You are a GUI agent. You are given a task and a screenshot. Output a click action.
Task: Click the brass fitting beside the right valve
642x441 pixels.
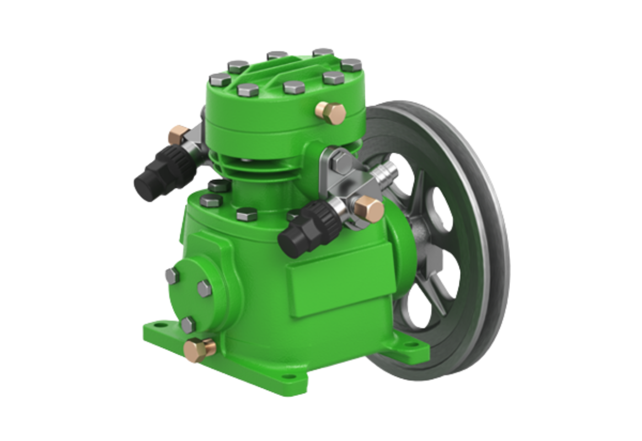tap(368, 208)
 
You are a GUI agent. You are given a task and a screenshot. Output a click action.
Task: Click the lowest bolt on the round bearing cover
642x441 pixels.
tap(188, 324)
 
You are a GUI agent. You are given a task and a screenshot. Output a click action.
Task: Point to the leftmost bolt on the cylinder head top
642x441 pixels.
tap(220, 80)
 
